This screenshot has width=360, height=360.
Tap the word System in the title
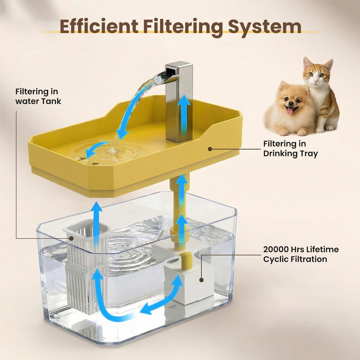264,27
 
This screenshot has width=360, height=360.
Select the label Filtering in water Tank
38,96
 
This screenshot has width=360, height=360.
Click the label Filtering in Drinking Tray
290,148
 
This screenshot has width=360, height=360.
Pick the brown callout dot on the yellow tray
210,149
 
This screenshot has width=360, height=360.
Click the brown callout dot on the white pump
201,280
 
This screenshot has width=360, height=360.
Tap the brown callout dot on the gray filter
71,238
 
